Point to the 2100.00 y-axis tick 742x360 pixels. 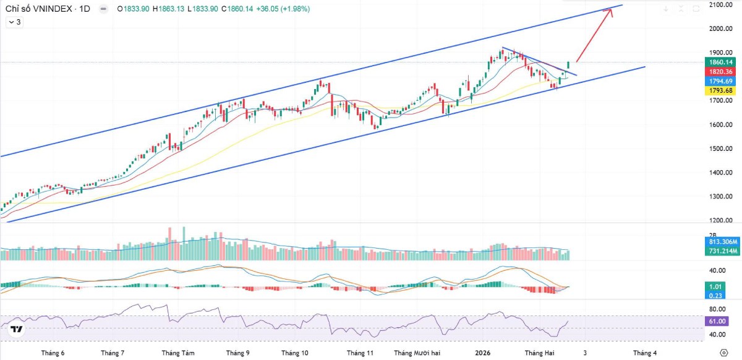coord(721,5)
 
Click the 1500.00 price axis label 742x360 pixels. coord(721,149)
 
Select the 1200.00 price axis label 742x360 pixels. coord(721,221)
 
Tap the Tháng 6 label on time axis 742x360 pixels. coord(53,353)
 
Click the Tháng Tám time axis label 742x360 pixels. coord(178,353)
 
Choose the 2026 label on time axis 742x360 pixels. coord(482,353)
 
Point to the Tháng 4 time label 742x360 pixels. coord(645,353)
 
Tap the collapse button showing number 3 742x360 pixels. coord(15,22)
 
